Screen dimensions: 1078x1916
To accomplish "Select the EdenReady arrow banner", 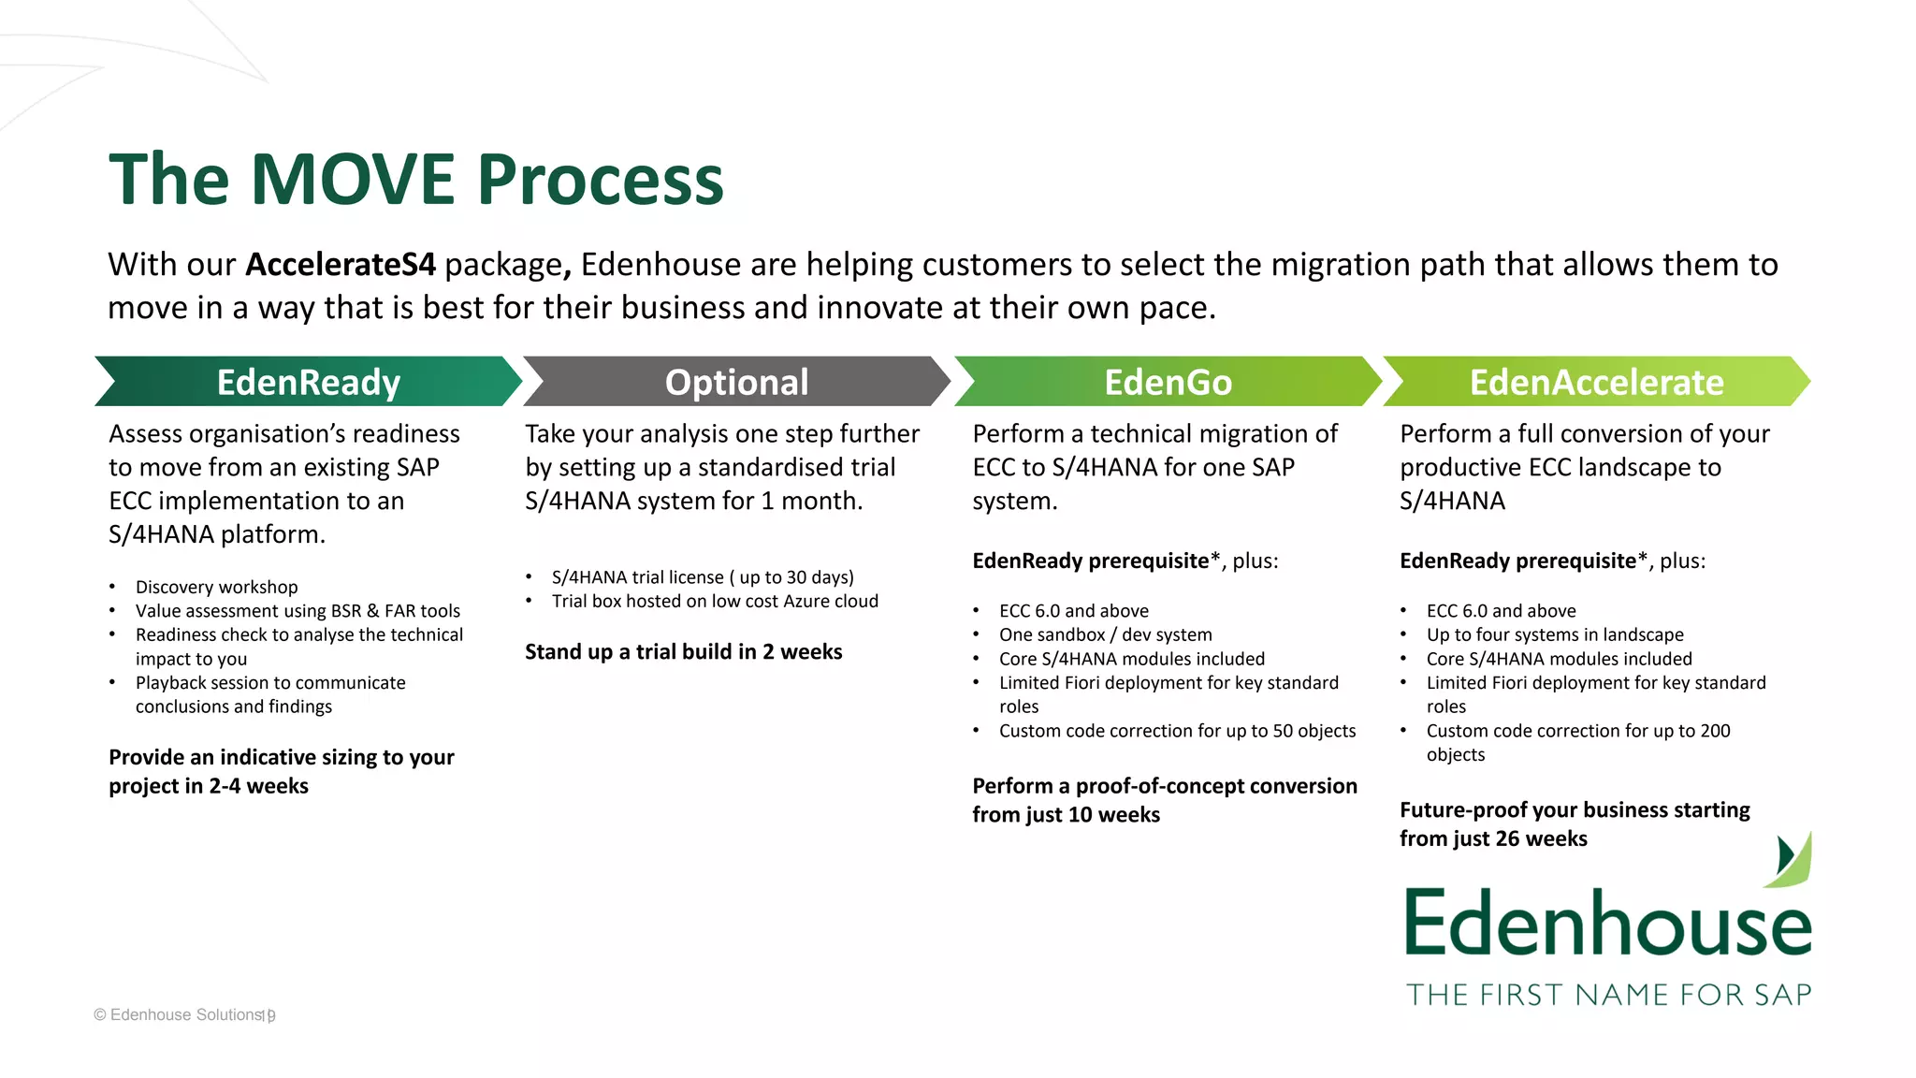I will (x=308, y=382).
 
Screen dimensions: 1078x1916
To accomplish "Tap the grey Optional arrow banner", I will (x=736, y=382).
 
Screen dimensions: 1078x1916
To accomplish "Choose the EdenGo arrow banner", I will (x=1168, y=382).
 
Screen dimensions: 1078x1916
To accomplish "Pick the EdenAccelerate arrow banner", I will (x=1596, y=382).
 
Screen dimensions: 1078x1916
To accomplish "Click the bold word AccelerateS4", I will (x=341, y=265).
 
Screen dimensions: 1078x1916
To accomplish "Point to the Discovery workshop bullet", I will (x=216, y=587).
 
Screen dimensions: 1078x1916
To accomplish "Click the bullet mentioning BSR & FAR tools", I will (x=298, y=611).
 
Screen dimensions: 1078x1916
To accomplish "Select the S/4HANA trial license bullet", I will (x=702, y=577).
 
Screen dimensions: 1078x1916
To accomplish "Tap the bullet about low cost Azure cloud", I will (x=715, y=601).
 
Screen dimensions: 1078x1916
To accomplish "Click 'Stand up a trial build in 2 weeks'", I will (x=683, y=651).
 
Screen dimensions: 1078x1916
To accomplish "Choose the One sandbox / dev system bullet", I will (x=1105, y=634).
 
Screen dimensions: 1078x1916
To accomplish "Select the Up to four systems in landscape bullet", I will (x=1554, y=634).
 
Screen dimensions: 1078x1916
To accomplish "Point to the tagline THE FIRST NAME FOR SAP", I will (x=1608, y=994).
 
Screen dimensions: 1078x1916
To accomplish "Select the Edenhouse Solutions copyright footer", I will (x=184, y=1014).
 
